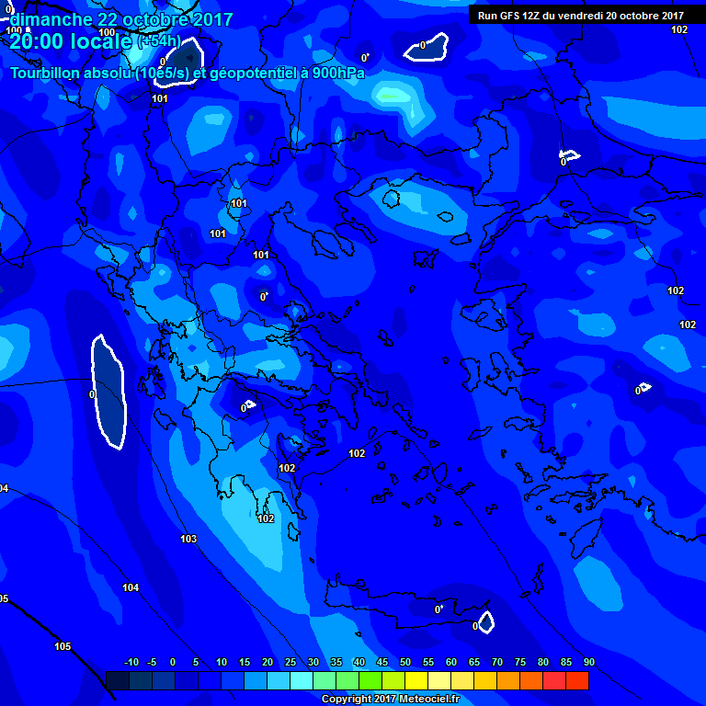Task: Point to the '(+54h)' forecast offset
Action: coord(159,42)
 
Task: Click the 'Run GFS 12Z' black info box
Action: coord(579,15)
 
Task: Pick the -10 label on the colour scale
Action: coord(131,663)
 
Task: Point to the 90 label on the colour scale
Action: coord(588,663)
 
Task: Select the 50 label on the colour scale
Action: coord(405,663)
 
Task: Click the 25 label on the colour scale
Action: coord(290,663)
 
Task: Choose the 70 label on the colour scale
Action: coord(497,663)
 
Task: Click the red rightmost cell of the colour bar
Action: coord(577,680)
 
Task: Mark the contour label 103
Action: coord(188,539)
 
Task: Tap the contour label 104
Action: coord(131,587)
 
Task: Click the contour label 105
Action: coord(63,646)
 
